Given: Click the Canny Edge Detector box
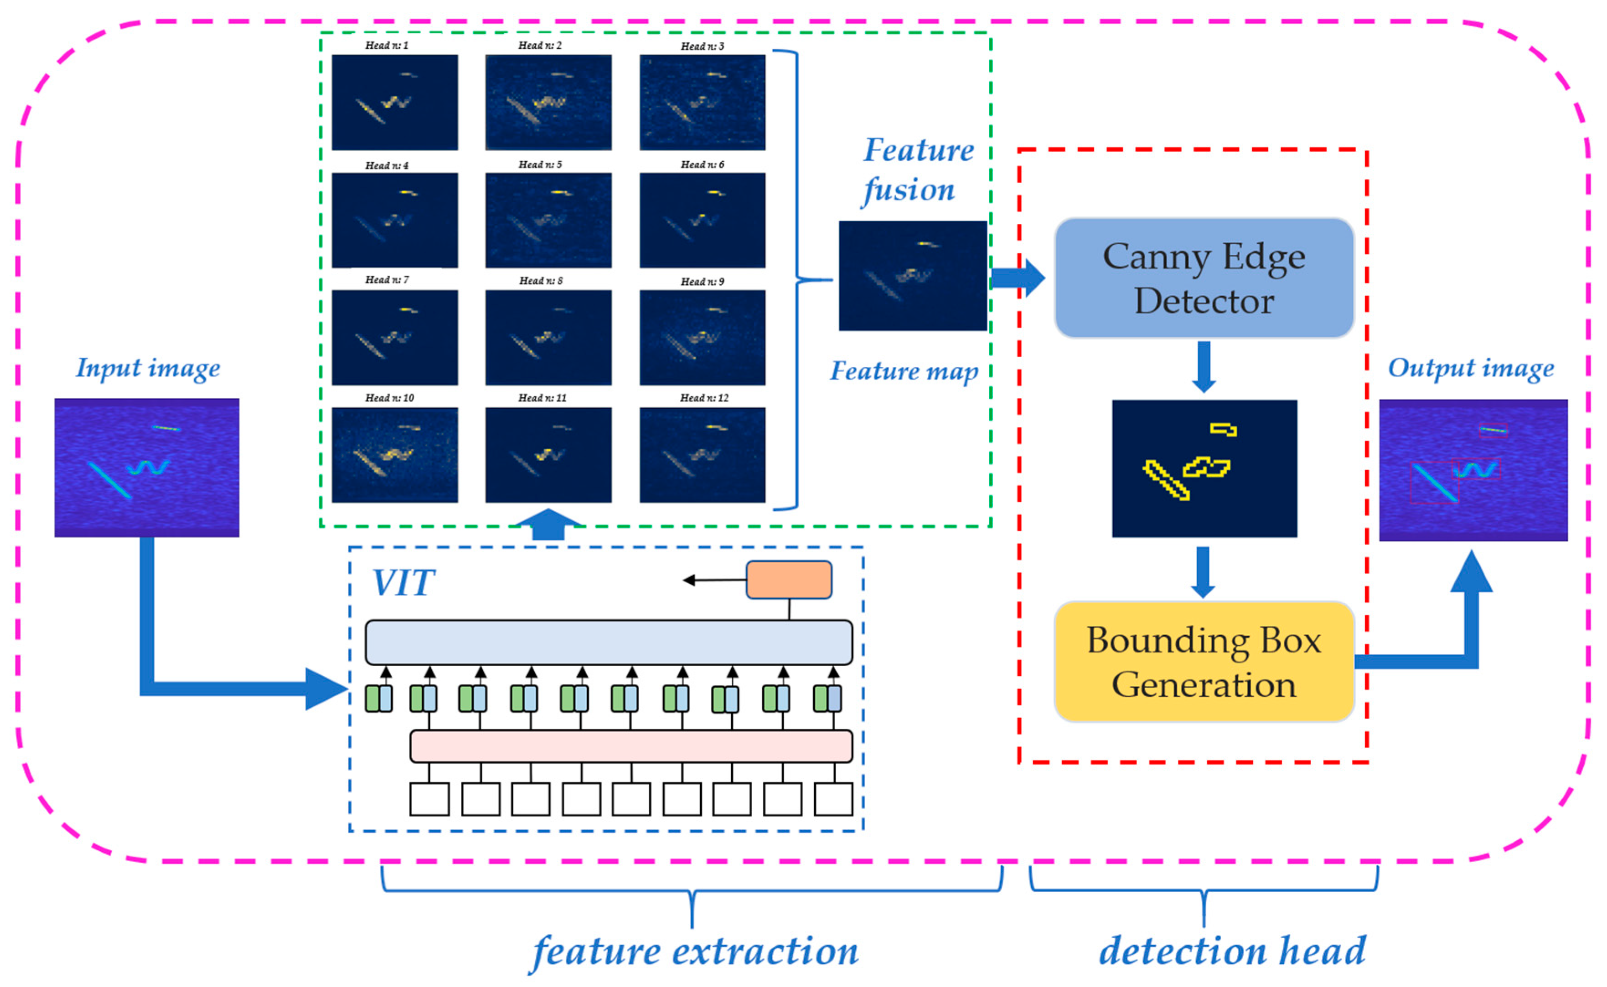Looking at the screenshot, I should [1204, 278].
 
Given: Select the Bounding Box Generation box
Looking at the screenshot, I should [1204, 661].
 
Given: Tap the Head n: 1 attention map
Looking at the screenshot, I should [394, 103].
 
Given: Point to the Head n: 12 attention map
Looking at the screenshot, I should [702, 455].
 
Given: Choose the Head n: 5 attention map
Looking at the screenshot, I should [548, 220].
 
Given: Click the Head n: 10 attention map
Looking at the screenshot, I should [394, 455].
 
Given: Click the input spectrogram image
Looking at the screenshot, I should [147, 468].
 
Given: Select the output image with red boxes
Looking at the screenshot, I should [1473, 470].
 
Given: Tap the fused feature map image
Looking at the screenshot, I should [912, 276].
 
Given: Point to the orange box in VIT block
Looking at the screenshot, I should [789, 580].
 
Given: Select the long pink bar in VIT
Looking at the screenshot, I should [631, 746].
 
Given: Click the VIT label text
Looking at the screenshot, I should [403, 583].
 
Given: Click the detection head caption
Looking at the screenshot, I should [1232, 951].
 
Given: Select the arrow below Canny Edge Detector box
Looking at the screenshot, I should [1204, 366].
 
